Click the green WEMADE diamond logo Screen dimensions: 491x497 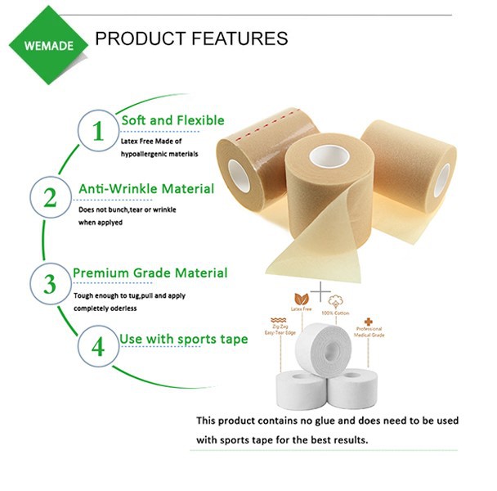47,43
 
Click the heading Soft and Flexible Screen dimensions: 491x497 172,120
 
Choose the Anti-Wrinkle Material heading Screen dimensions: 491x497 146,189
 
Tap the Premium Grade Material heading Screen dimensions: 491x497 150,273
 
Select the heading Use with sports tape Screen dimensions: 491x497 184,339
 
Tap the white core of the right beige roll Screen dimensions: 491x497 442,178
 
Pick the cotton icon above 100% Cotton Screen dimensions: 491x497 335,302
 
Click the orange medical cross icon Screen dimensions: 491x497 369,322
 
